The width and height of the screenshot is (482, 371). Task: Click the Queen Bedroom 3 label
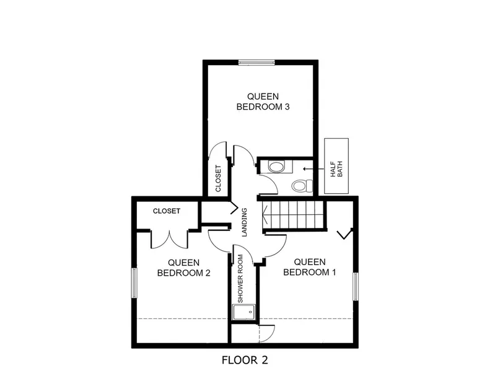click(x=263, y=102)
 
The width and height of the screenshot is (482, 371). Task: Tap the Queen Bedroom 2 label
click(x=184, y=268)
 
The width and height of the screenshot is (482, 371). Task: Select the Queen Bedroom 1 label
click(x=310, y=267)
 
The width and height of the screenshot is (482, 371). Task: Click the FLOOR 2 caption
click(x=245, y=360)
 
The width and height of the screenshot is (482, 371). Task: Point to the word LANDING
click(x=244, y=222)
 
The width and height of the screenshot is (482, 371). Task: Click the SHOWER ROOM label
click(x=240, y=279)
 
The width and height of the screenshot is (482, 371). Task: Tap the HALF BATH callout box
click(x=336, y=166)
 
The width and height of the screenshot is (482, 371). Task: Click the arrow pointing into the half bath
click(x=313, y=168)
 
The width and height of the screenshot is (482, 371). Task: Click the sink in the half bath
click(x=276, y=167)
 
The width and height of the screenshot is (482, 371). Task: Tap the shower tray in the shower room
click(x=243, y=312)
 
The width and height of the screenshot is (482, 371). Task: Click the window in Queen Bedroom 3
click(x=256, y=63)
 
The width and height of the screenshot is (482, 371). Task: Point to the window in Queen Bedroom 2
click(x=134, y=283)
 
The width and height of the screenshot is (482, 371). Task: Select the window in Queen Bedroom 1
click(x=356, y=287)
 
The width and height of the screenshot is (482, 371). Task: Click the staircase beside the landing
click(x=294, y=215)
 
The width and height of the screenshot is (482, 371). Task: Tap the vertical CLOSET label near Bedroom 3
click(x=218, y=178)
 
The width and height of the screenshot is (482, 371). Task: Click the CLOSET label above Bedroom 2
click(x=167, y=211)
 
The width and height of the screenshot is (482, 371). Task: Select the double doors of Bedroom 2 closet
click(x=169, y=239)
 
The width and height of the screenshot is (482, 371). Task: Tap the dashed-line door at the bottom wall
click(x=267, y=333)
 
